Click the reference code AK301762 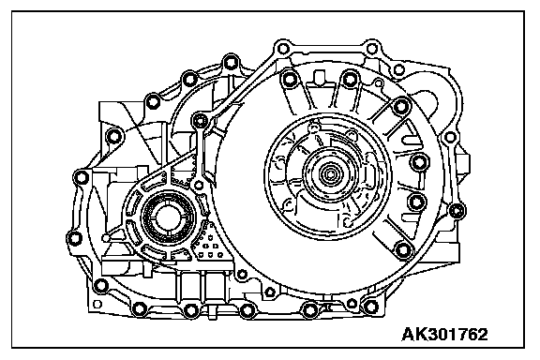coord(444,335)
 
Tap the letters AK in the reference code coord(412,335)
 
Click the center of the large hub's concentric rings coord(330,174)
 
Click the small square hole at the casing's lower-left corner coord(97,304)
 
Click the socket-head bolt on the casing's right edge coord(457,210)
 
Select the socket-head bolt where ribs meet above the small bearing coord(200,120)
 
